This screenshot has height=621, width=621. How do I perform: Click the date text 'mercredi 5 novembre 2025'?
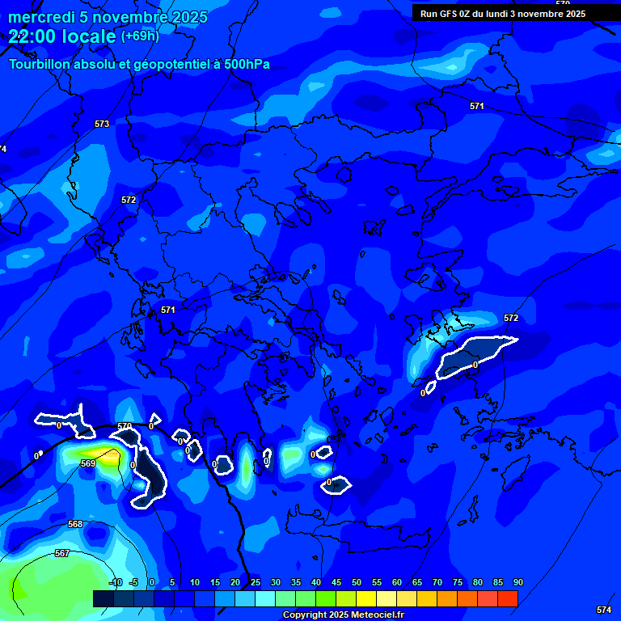pyautogui.click(x=108, y=17)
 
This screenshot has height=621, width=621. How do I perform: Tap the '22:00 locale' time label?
pyautogui.click(x=63, y=36)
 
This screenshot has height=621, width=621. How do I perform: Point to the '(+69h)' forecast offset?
pyautogui.click(x=140, y=36)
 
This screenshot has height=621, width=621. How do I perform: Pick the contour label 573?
pyautogui.click(x=102, y=124)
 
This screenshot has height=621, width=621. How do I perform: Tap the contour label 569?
pyautogui.click(x=88, y=463)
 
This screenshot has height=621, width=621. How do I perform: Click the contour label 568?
pyautogui.click(x=75, y=524)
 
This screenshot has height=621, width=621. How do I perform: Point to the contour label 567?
pyautogui.click(x=62, y=553)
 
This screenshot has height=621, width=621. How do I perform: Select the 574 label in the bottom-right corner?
pyautogui.click(x=604, y=610)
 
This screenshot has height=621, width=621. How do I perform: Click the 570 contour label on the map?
pyautogui.click(x=125, y=426)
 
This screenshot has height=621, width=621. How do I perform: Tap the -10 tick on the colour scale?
pyautogui.click(x=115, y=582)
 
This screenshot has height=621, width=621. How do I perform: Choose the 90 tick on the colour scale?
pyautogui.click(x=517, y=582)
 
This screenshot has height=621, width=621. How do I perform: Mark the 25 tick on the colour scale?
pyautogui.click(x=256, y=582)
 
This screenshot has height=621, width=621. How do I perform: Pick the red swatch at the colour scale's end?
pyautogui.click(x=507, y=598)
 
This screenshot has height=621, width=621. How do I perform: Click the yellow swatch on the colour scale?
pyautogui.click(x=366, y=598)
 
